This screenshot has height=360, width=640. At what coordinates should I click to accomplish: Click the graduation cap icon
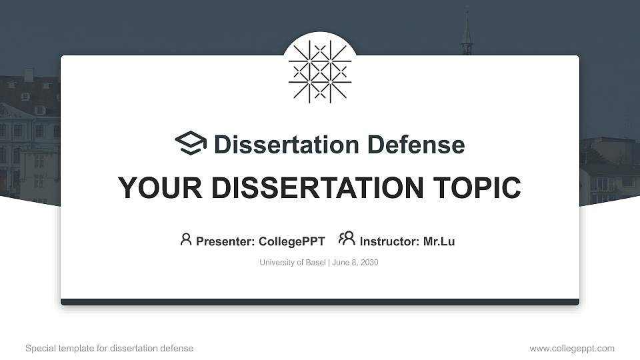[x=191, y=144]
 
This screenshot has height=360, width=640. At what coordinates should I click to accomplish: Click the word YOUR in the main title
[x=155, y=188]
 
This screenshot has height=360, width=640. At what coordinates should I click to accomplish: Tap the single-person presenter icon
[x=186, y=239]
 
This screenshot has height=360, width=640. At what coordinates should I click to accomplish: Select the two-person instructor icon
[x=347, y=239]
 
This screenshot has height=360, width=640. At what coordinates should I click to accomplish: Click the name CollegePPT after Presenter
[x=291, y=241]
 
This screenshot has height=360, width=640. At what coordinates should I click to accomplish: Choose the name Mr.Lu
[x=439, y=241]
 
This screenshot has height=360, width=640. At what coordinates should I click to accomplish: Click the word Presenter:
[x=225, y=241]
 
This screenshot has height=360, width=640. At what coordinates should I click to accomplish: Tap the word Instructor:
[x=389, y=241]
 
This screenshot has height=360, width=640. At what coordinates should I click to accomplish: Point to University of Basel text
[x=292, y=263]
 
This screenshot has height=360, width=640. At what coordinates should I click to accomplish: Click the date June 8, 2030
[x=355, y=263]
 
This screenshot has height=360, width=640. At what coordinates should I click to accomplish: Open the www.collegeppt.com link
[x=572, y=349]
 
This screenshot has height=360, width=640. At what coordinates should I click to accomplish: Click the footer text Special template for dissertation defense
[x=109, y=349]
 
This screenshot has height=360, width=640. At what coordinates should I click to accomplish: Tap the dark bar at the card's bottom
[x=320, y=302]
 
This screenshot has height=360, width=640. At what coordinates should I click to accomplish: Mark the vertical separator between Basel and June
[x=328, y=263]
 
